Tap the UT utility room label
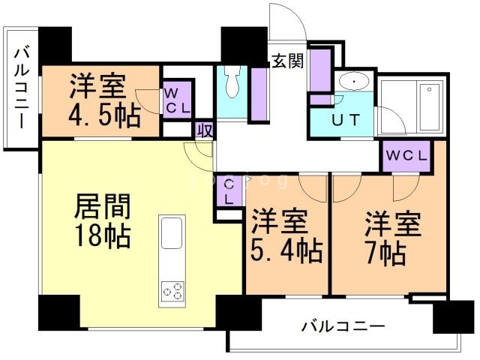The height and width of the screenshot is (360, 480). click(341, 119)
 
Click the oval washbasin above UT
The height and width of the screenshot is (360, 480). click(351, 82)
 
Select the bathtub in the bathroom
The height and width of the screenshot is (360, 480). click(428, 106)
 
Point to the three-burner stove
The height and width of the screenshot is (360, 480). click(172, 290)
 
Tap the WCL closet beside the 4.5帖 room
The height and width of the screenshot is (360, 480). click(177, 100)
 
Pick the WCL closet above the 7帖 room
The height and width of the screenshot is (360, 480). click(406, 156)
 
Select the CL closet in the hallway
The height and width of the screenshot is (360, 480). click(229, 193)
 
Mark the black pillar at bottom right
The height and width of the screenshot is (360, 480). click(453, 316)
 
